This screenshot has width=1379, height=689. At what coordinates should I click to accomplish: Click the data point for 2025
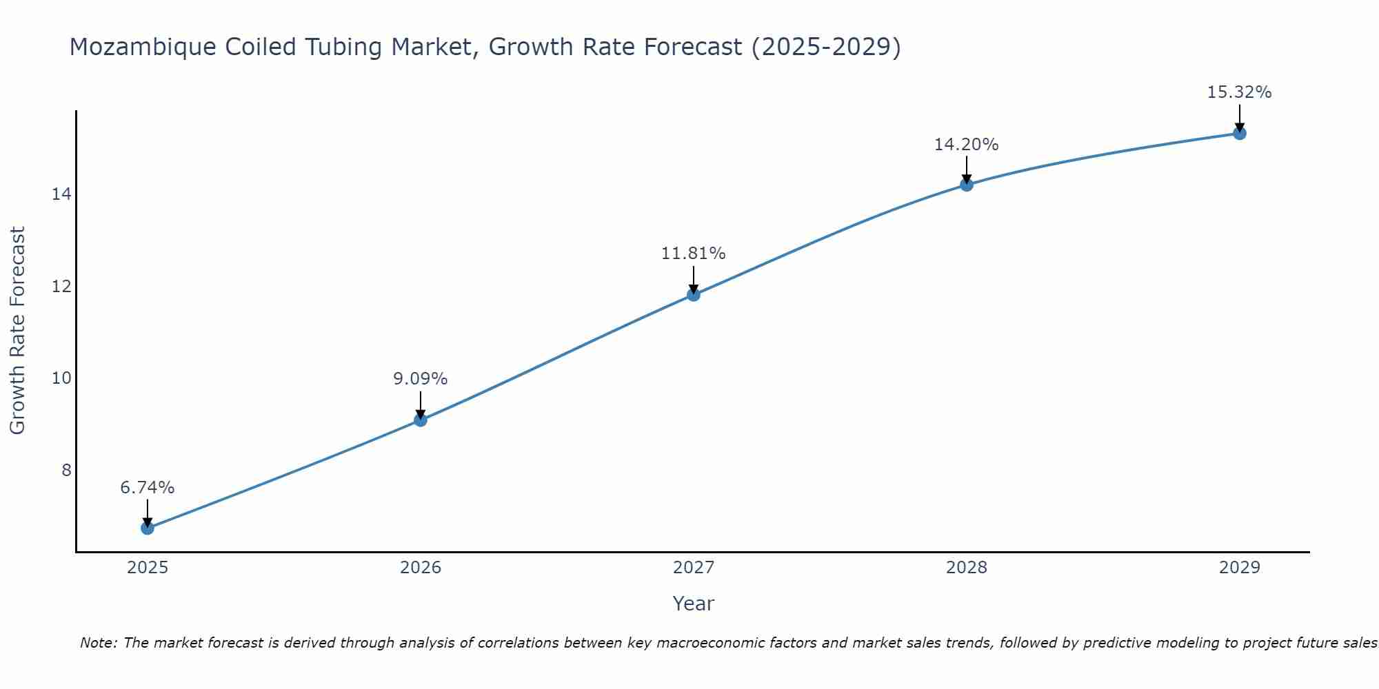coord(148,528)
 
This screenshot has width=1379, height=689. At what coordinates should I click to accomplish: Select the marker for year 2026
coord(421,420)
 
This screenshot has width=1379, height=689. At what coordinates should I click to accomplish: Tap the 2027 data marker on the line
coord(694,295)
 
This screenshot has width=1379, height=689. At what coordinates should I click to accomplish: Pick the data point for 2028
coord(967,185)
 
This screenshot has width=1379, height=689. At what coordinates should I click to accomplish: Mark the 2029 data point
coord(1240,133)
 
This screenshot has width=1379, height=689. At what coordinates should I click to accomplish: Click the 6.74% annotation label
coord(148,488)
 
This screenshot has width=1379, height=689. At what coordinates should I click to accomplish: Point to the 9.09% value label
coord(421,379)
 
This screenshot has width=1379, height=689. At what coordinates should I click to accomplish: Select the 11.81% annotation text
coord(694,254)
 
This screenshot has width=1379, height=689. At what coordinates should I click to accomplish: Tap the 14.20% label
coord(967,145)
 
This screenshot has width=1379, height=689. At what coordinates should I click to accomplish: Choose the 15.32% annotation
coord(1240,92)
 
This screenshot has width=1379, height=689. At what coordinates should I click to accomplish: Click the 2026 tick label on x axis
coord(421,568)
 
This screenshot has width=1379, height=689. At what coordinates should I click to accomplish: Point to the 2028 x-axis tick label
coord(967,568)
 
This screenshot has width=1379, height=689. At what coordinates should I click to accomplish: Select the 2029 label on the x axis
coord(1240,568)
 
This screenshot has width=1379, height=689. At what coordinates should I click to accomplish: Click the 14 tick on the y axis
coord(61,194)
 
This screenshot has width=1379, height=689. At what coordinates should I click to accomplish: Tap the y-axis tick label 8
coord(66,470)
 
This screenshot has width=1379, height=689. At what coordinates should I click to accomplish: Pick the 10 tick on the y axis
coord(61,378)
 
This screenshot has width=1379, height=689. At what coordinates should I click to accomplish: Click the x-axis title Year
coord(694,604)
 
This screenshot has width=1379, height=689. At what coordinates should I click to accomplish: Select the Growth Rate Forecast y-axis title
coord(18,331)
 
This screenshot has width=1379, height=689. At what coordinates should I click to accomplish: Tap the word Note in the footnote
coord(99,643)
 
